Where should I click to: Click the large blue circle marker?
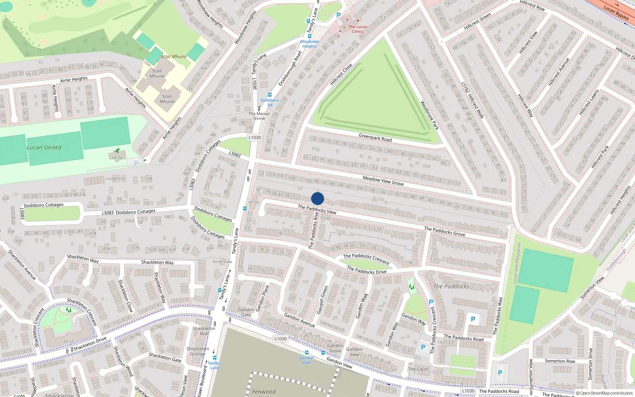[x=317, y=198]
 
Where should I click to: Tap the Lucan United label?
[x=44, y=147]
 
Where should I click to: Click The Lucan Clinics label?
[x=358, y=29]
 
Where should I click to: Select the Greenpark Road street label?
[x=375, y=138]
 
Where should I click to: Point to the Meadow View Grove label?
[x=383, y=181]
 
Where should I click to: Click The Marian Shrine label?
[x=259, y=116]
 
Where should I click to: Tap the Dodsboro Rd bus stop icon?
[x=270, y=95]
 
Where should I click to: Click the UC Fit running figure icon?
[x=117, y=150]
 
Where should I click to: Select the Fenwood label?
[x=264, y=391]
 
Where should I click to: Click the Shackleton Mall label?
[x=204, y=331]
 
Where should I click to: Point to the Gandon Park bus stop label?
[x=306, y=360]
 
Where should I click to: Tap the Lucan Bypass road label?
[x=616, y=12]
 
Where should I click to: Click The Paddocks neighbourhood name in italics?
[x=451, y=286]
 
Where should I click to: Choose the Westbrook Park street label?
[x=429, y=115]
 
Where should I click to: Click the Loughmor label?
[x=115, y=179]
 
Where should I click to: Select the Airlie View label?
[x=222, y=262]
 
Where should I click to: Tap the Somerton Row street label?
[x=560, y=361]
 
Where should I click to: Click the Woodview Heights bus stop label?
[x=309, y=44]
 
